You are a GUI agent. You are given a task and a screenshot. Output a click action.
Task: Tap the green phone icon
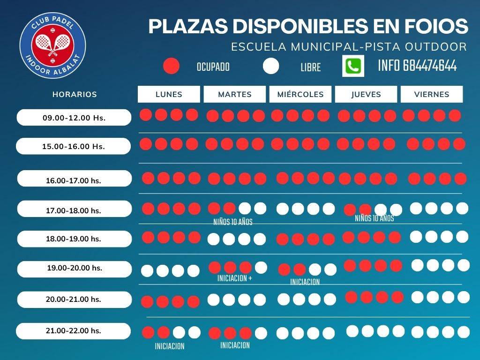coord(353,66)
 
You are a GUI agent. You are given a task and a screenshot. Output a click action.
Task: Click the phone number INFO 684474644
coord(417,66)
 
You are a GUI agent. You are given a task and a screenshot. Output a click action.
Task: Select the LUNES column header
coord(169,94)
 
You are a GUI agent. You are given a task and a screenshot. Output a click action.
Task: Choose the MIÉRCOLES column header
coord(300,94)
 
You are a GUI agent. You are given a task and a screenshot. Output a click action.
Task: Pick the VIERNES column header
coord(432,94)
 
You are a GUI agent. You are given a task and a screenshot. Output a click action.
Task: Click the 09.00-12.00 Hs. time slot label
coord(74,118)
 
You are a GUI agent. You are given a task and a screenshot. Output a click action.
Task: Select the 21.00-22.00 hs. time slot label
coord(74,331)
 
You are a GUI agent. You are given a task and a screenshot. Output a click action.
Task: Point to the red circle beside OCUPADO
coord(172,66)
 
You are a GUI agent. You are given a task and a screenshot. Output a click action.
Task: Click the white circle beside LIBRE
coord(271,66)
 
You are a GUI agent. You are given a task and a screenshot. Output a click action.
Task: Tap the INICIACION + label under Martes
coord(235,278)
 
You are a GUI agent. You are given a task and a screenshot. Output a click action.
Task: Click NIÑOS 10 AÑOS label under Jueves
coord(374,218)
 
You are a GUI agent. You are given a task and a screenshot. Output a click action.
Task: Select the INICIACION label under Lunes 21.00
coord(170,346)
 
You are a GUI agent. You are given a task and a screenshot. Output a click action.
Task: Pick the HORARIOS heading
coord(75,94)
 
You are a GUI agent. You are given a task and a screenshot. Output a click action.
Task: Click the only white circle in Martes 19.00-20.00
coord(261,268)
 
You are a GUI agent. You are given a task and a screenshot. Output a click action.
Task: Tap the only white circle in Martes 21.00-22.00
coord(261,333)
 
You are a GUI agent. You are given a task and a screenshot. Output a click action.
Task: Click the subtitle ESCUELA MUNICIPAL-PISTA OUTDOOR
coord(349,47)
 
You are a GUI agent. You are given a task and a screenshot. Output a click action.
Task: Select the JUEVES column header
coord(366,94)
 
